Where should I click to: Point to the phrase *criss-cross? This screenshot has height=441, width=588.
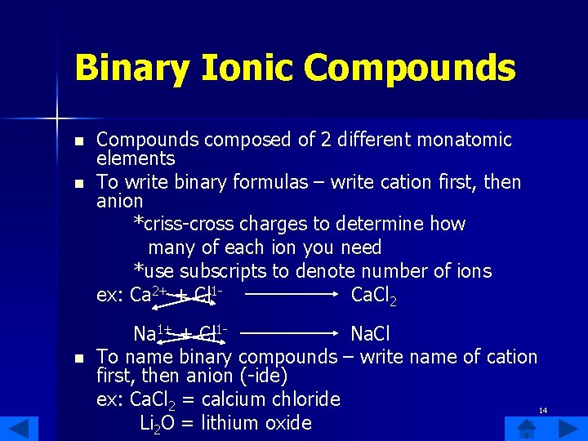click(180, 224)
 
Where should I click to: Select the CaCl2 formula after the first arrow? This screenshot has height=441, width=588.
click(373, 295)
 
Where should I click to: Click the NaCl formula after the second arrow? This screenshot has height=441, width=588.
click(370, 334)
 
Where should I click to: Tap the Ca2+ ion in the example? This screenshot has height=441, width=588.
click(149, 294)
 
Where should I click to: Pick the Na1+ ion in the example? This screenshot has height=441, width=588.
click(153, 333)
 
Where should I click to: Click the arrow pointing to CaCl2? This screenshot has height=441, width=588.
click(292, 294)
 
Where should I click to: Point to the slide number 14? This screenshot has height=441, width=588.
click(543, 409)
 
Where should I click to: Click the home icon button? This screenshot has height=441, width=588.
click(527, 428)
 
